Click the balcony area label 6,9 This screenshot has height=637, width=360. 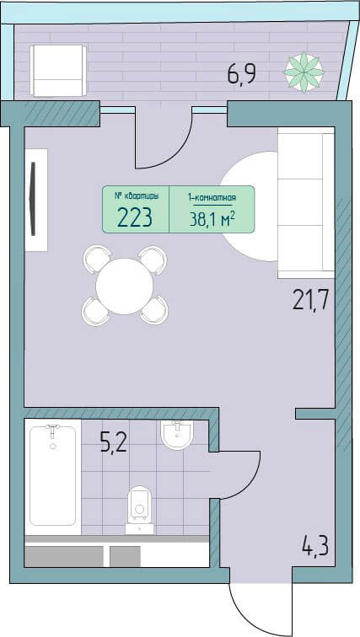pyautogui.click(x=241, y=74)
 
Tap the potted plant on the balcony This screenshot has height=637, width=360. pyautogui.click(x=304, y=72)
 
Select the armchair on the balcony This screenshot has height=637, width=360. pyautogui.click(x=58, y=71)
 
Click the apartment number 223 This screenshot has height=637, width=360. pyautogui.click(x=135, y=217)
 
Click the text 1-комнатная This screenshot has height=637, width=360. pyautogui.click(x=212, y=198)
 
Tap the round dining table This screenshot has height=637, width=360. pyautogui.click(x=124, y=286)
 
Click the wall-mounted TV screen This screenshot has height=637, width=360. pyautogui.click(x=33, y=199)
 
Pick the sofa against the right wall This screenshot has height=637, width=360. pyautogui.click(x=306, y=203)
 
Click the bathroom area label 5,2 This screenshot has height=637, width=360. pyautogui.click(x=114, y=442)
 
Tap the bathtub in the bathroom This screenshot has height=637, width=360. pyautogui.click(x=53, y=475)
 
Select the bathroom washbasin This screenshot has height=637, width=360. pyautogui.click(x=177, y=434)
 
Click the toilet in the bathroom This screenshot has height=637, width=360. pyautogui.click(x=140, y=510)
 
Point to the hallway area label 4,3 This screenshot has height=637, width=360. pyautogui.click(x=315, y=546)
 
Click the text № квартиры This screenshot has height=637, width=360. pyautogui.click(x=135, y=196)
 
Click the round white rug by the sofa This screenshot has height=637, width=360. pyautogui.click(x=250, y=206)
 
